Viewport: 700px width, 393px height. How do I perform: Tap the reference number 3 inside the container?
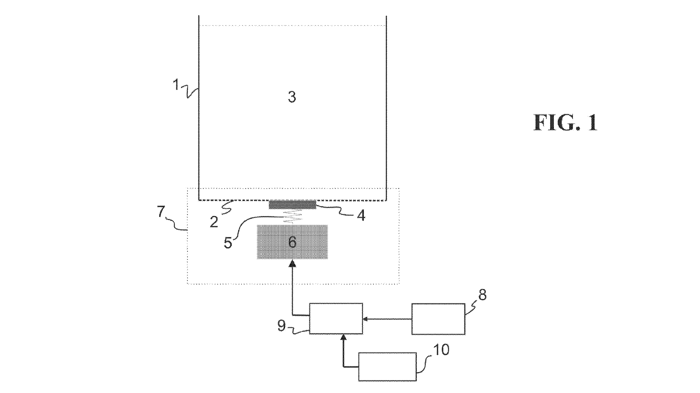click(x=292, y=97)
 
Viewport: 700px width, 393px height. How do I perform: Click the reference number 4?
click(x=361, y=216)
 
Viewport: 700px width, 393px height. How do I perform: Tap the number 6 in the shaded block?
click(x=292, y=242)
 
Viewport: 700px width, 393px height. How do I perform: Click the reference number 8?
click(x=482, y=294)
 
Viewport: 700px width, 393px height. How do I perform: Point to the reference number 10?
click(x=442, y=350)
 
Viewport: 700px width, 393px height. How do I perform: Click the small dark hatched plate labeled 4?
click(x=292, y=205)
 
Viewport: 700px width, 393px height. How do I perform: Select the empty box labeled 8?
click(x=438, y=319)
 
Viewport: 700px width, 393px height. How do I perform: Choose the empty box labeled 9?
click(x=336, y=318)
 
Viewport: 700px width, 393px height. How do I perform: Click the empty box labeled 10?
click(x=387, y=367)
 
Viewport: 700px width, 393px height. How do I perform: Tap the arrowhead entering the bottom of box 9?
click(x=343, y=337)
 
